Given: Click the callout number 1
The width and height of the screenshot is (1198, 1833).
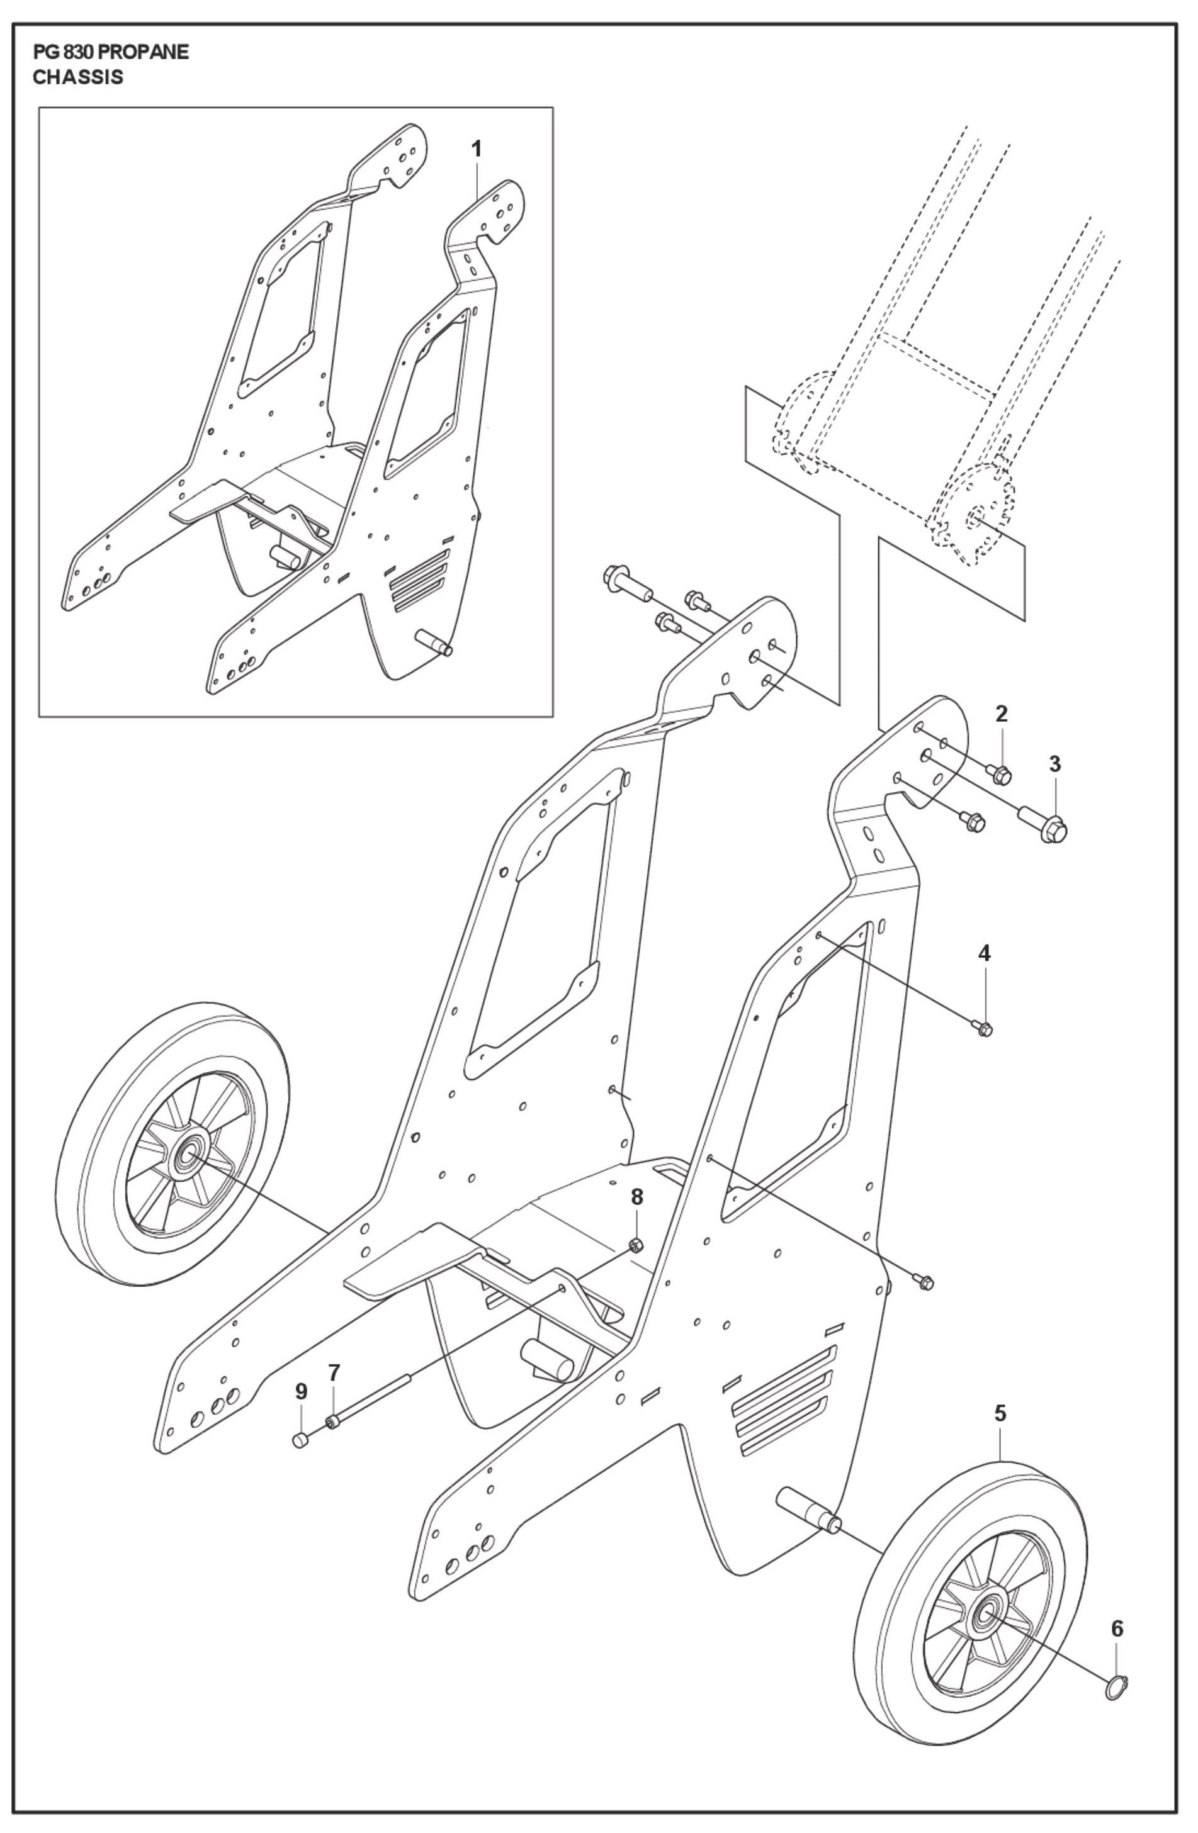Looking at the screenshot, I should [477, 149].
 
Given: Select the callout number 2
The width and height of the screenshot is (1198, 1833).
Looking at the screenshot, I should [1001, 714].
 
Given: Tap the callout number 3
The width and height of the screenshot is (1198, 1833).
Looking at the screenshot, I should [1054, 765].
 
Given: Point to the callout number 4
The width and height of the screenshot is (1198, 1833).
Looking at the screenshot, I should [984, 953].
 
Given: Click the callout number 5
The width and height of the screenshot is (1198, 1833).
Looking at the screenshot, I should [1000, 1414].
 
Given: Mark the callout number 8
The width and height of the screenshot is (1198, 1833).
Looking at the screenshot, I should [636, 1197].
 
